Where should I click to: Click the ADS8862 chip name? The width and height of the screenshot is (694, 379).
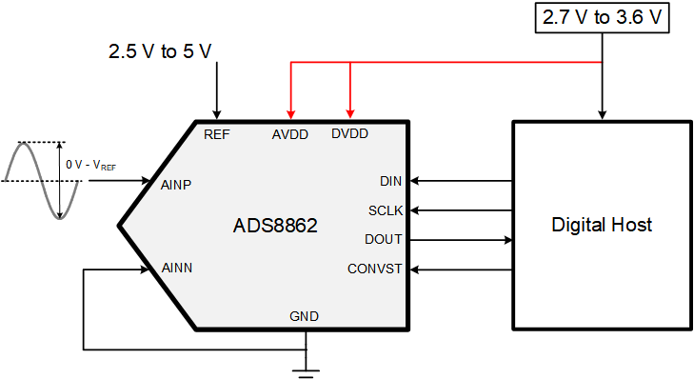tap(275, 227)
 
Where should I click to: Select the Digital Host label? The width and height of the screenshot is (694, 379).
tap(602, 225)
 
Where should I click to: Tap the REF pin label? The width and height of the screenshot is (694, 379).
tap(217, 134)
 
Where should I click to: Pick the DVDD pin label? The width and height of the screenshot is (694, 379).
tap(349, 134)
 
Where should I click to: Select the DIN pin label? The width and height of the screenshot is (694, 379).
tap(390, 181)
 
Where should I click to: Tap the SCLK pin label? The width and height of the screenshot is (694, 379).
tap(386, 210)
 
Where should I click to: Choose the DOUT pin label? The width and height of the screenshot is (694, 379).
tap(384, 239)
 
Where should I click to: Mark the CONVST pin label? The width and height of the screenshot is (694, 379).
tap(375, 269)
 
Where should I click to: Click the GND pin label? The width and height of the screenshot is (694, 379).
tap(305, 316)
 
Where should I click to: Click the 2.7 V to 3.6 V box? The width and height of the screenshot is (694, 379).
tap(602, 18)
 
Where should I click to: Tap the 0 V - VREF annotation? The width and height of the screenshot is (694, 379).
tap(91, 165)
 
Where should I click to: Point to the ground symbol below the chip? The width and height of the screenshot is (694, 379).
tap(305, 367)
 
